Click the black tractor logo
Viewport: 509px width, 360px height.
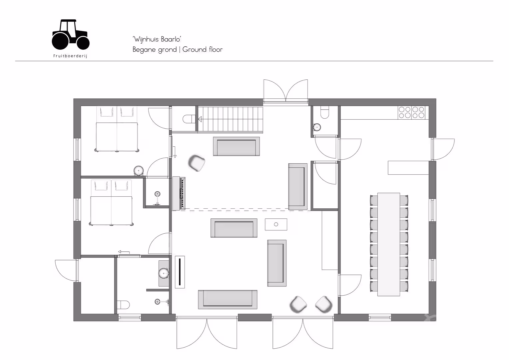(x=70, y=35)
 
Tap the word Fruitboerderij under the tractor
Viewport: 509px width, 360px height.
(x=70, y=56)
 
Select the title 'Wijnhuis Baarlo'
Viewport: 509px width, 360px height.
(x=157, y=39)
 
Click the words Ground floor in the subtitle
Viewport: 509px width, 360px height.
(x=203, y=49)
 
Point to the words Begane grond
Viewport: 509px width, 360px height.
(x=155, y=50)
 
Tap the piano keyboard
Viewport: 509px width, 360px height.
(x=183, y=193)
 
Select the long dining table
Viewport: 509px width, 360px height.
(x=388, y=244)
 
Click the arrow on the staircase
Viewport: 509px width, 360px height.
(x=200, y=119)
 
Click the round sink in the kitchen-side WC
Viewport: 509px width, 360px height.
(x=317, y=127)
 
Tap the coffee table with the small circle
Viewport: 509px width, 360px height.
(x=276, y=224)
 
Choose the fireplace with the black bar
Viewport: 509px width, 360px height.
(x=180, y=272)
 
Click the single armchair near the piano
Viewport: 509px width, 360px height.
(x=197, y=163)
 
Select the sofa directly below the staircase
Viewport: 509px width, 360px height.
(x=236, y=146)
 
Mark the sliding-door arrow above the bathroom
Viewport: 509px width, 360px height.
(x=124, y=252)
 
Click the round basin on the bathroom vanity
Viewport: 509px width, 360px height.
(x=164, y=273)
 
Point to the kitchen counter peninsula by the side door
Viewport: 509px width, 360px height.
(x=408, y=168)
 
